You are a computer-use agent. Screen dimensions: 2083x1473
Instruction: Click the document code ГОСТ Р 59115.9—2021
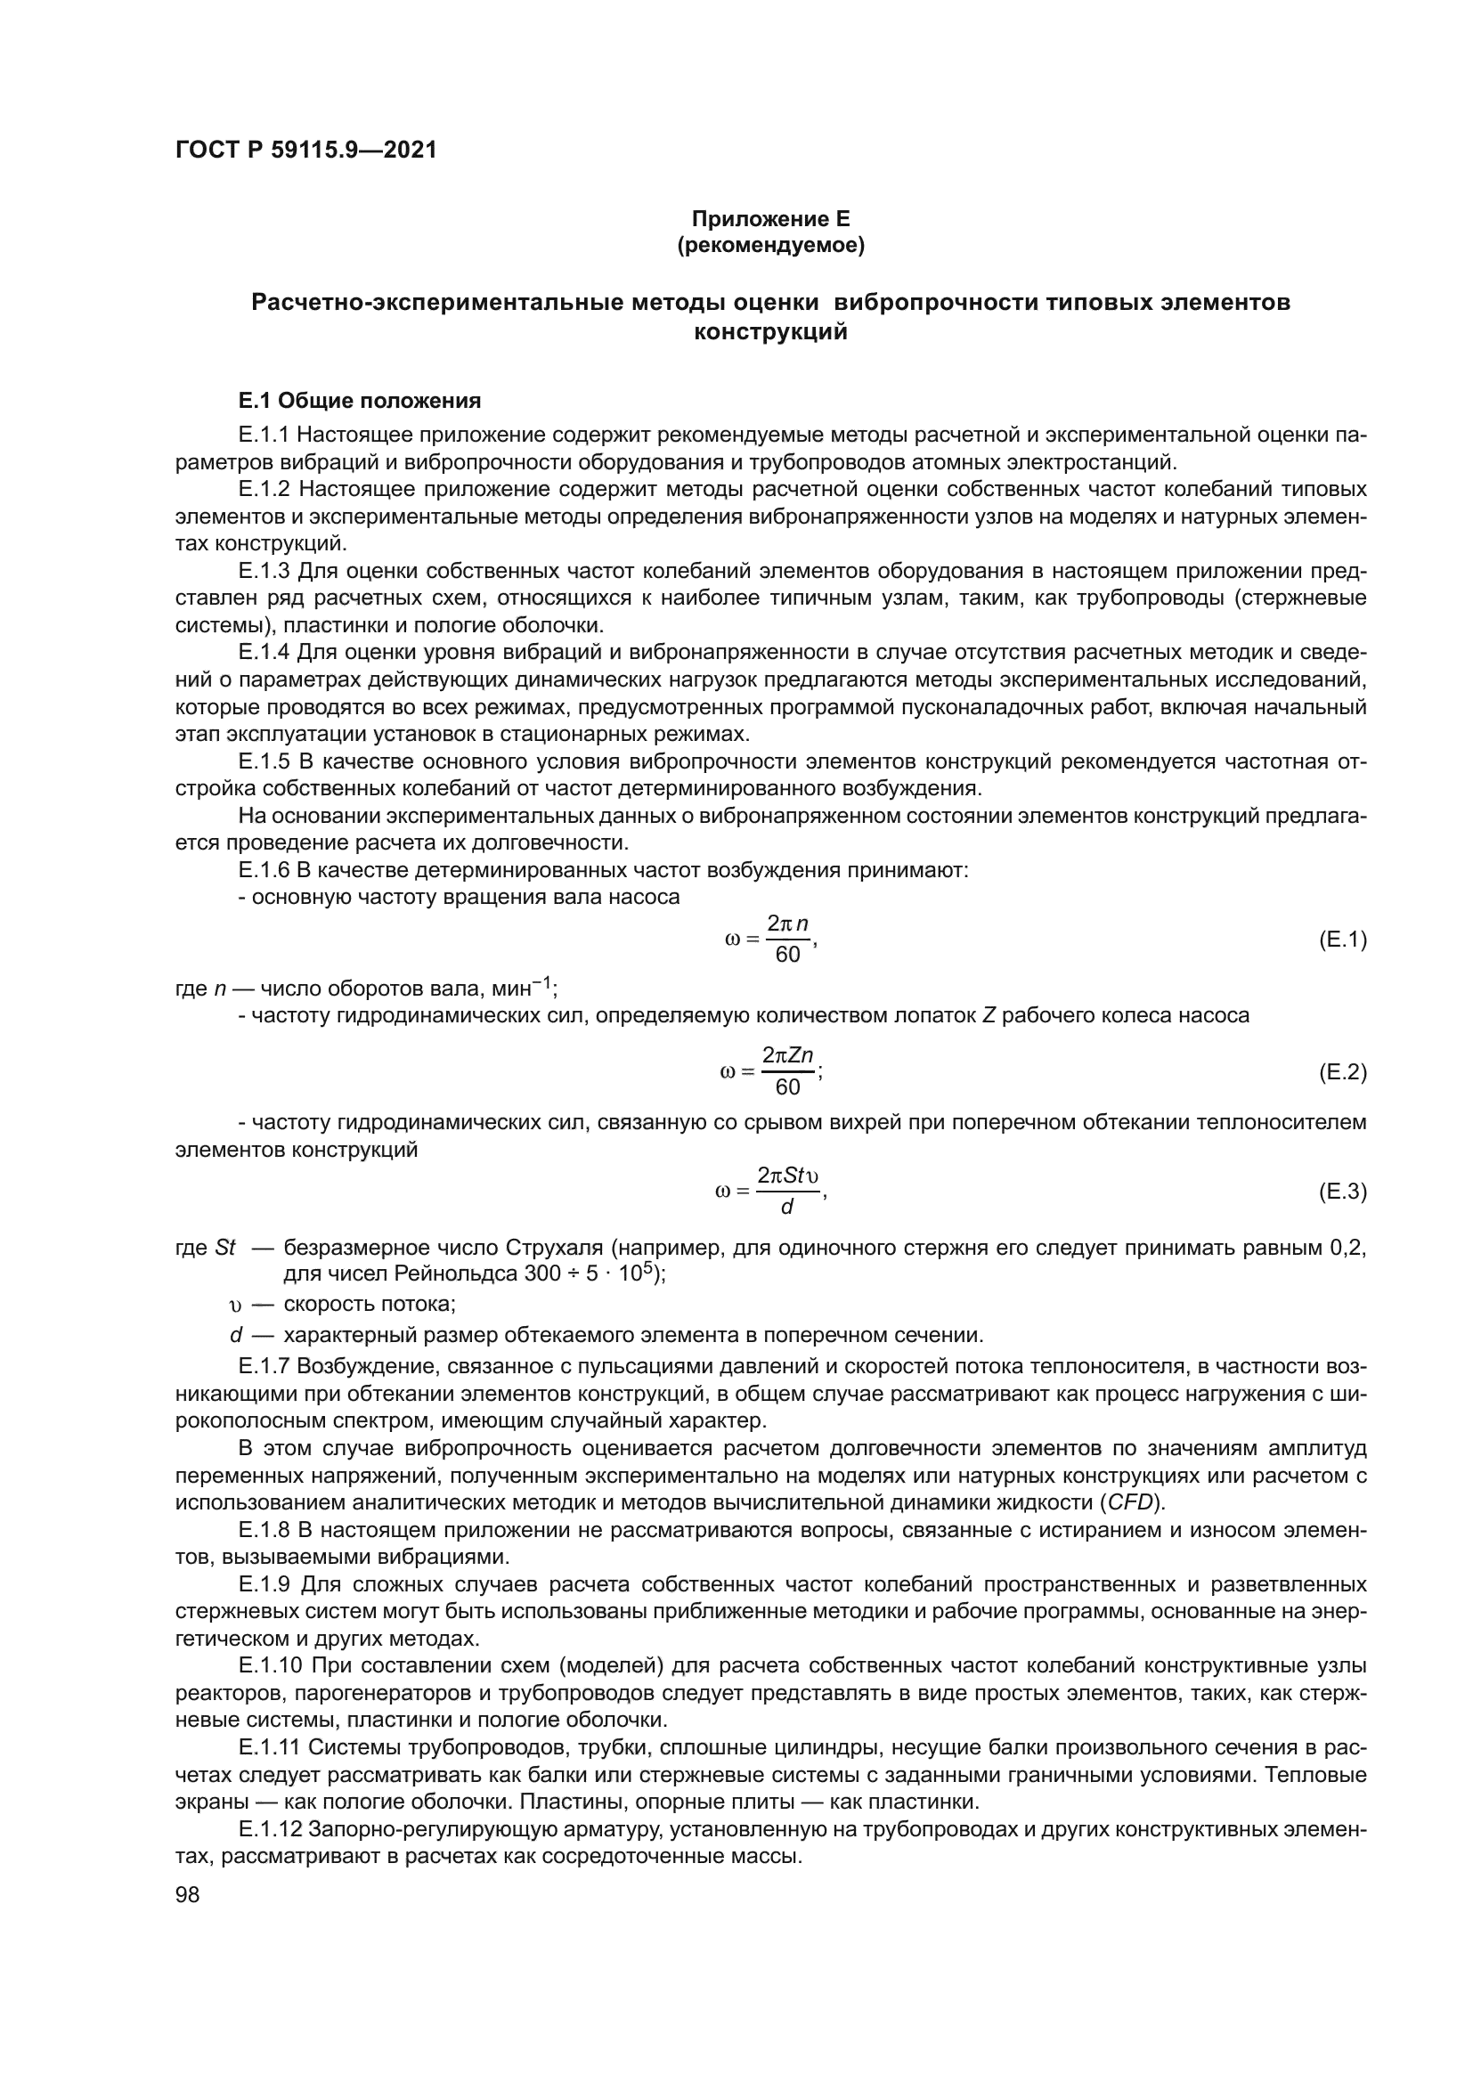point(305,151)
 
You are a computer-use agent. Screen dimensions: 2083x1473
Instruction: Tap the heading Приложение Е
point(771,219)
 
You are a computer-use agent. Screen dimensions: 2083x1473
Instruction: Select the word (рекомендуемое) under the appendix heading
point(771,245)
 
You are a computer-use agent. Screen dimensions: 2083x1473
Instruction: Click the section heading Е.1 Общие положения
point(359,401)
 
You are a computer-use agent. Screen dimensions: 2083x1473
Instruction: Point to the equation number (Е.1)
point(1342,940)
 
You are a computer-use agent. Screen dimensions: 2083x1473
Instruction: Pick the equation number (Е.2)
point(1342,1072)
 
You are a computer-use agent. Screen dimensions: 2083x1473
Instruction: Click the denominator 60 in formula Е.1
point(787,956)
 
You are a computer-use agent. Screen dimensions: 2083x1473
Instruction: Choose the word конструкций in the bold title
point(771,332)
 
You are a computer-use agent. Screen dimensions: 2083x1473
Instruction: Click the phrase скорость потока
point(370,1305)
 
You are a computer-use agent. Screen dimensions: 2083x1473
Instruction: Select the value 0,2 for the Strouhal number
point(1347,1248)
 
